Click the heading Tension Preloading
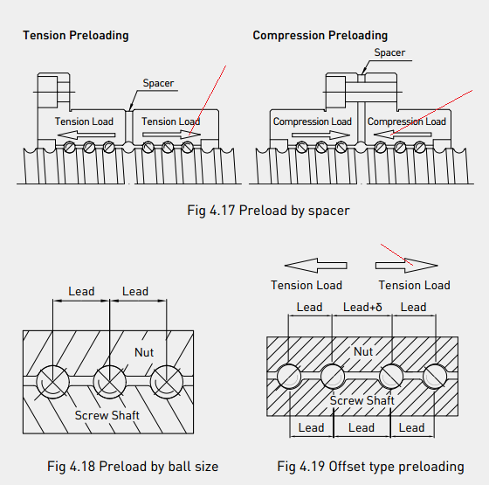click(76, 36)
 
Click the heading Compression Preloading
click(320, 36)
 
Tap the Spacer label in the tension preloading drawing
click(158, 83)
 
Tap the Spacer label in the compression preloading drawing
click(389, 52)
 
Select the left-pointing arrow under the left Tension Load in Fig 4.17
click(86, 135)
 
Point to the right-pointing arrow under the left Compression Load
click(320, 135)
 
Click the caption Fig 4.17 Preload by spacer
click(268, 211)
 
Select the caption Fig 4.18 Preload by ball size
click(133, 467)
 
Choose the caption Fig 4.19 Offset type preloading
click(370, 467)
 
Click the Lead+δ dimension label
click(362, 307)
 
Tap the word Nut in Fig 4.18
click(144, 352)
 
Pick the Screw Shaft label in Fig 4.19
click(362, 400)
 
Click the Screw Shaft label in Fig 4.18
click(107, 415)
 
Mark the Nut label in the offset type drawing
click(363, 351)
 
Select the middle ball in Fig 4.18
click(109, 382)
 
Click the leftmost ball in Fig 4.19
click(289, 377)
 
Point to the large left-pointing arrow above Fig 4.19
click(315, 266)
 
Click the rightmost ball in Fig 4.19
click(435, 377)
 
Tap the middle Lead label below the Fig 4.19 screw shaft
click(362, 427)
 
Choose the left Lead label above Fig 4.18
click(81, 291)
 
